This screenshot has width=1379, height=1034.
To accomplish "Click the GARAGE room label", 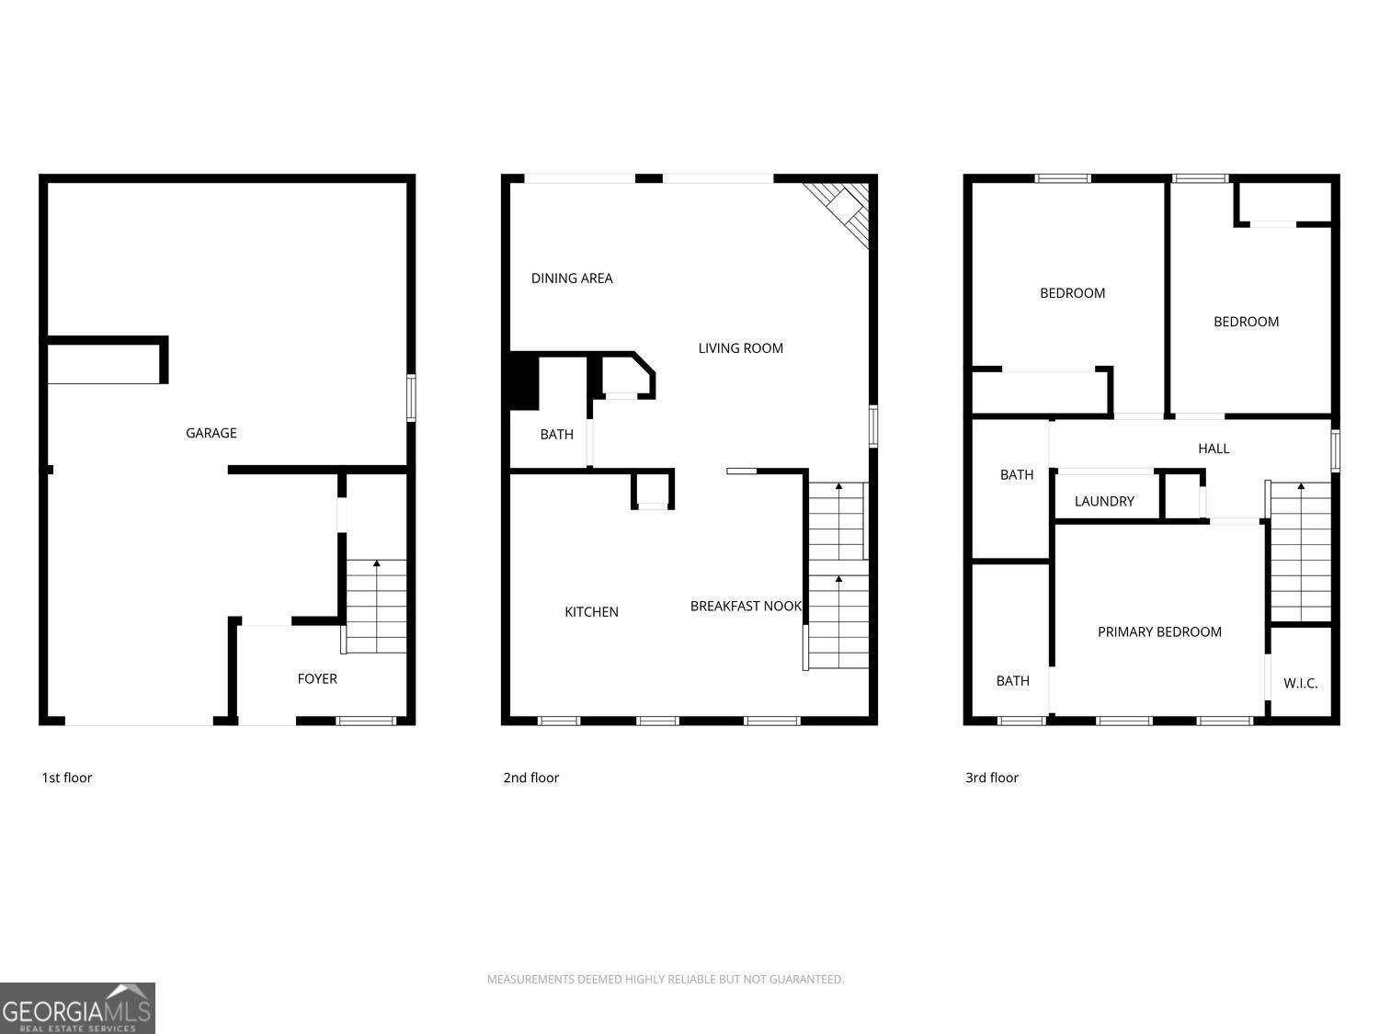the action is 211,433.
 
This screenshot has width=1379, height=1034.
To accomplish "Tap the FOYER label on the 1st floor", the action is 317,678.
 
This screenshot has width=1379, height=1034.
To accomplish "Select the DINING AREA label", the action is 572,278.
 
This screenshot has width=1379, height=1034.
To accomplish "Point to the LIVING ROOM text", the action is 741,348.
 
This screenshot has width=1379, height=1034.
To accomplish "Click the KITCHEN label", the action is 591,612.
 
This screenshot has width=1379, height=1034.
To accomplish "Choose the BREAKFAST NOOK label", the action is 746,607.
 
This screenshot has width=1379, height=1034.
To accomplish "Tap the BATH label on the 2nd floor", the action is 556,435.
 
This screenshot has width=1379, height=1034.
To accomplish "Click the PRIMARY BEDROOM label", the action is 1159,632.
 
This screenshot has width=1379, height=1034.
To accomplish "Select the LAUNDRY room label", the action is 1104,502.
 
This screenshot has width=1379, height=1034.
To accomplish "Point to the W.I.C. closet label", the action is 1301,684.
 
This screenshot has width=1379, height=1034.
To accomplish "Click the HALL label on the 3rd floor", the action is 1214,449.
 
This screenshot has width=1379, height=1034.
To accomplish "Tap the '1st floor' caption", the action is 66,778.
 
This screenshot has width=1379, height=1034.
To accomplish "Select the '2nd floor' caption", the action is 530,778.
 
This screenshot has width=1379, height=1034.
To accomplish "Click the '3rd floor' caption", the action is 991,778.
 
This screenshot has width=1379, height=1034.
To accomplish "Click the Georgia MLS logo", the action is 77,1008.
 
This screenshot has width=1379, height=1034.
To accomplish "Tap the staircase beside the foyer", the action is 376,607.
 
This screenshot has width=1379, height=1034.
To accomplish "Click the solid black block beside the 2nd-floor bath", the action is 523,381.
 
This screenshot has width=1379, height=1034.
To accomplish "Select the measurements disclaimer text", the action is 666,979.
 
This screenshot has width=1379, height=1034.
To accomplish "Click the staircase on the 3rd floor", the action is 1300,551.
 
